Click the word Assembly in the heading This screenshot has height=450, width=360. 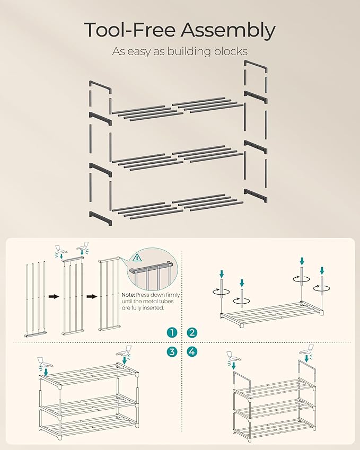tap(228, 31)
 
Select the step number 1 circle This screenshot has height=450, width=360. tap(172, 333)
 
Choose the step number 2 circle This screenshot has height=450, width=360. tap(192, 333)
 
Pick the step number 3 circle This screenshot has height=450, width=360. tap(172, 351)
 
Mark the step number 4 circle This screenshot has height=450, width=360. tap(192, 351)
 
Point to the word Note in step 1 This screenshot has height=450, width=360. tap(128, 295)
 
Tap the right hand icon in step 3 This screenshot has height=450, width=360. tap(125, 351)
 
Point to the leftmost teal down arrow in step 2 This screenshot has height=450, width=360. tap(222, 274)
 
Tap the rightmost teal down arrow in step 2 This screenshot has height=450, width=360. tap(321, 271)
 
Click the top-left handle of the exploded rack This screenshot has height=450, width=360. tap(100, 87)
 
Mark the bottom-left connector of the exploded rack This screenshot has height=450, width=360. tap(101, 217)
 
